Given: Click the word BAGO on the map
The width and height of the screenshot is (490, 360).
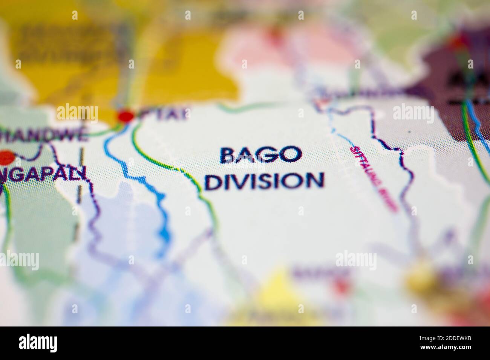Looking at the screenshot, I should click(261, 155).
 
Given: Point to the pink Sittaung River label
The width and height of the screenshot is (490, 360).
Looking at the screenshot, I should click(373, 178).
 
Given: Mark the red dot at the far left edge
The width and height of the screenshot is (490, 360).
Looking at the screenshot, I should click(5, 157).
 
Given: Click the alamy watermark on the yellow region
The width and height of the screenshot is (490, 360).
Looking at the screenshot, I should click(77, 113).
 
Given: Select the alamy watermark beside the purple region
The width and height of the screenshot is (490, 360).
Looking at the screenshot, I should click(413, 113).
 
